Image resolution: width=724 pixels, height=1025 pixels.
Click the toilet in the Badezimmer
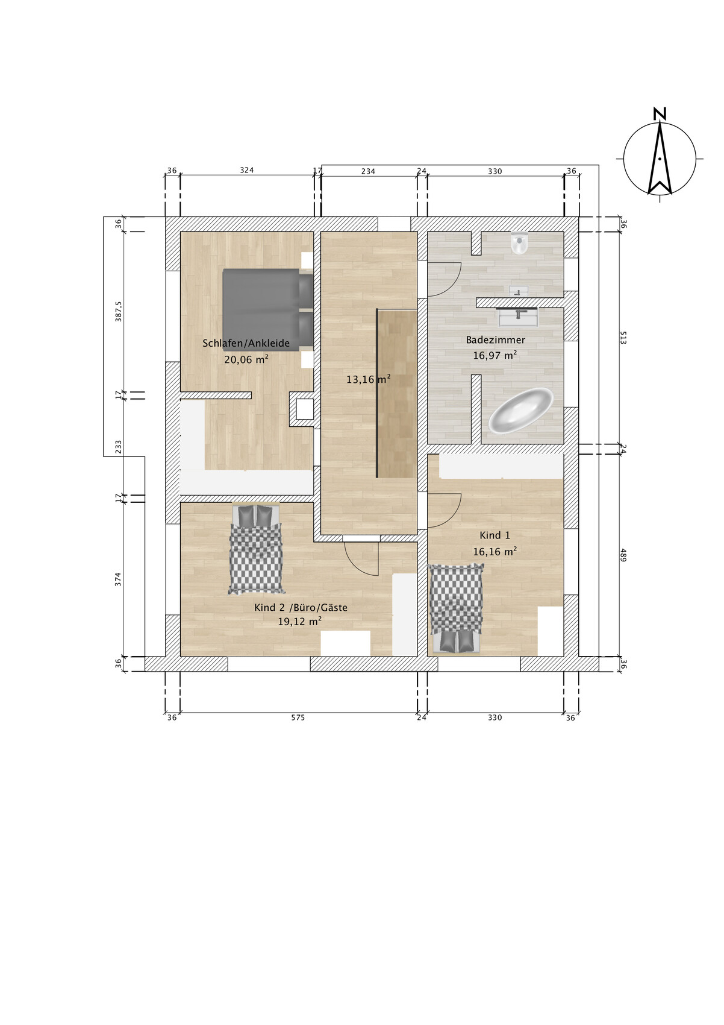520,243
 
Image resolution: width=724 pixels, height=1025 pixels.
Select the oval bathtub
520,411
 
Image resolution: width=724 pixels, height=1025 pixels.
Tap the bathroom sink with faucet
518,317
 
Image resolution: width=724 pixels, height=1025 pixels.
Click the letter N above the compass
660,114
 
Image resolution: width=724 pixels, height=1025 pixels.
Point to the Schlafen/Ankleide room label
246,343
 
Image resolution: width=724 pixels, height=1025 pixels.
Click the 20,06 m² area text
246,359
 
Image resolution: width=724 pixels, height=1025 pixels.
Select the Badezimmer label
496,340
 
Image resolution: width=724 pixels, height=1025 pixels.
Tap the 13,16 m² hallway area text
369,379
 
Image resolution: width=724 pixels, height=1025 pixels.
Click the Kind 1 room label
495,535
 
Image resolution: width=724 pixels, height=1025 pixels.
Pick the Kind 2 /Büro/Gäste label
301,608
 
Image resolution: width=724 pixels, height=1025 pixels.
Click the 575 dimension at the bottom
298,717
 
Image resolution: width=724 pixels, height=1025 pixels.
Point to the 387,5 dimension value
119,312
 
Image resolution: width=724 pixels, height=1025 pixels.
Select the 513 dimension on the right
623,338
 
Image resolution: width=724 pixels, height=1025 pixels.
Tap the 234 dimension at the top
368,172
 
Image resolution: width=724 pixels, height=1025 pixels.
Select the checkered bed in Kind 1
456,608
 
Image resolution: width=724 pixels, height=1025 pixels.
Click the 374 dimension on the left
119,579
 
